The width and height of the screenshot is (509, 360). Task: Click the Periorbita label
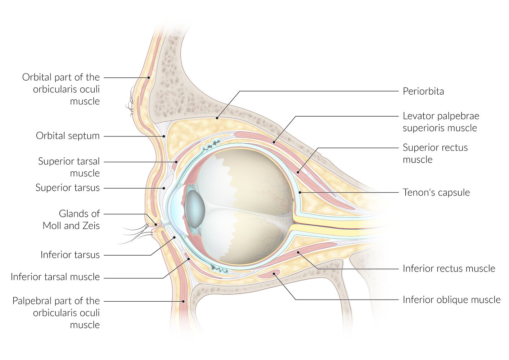(x=423, y=91)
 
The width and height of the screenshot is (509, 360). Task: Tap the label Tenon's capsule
(x=436, y=193)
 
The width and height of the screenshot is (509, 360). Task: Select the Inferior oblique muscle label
(x=451, y=300)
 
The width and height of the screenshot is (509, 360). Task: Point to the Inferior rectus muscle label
(x=449, y=269)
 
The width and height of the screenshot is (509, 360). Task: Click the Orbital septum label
(x=68, y=136)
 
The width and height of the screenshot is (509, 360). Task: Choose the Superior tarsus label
(x=67, y=188)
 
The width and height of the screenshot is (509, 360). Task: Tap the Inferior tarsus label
(x=70, y=255)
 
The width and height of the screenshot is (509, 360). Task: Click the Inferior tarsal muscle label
(x=55, y=277)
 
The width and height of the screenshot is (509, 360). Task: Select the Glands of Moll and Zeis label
(x=71, y=220)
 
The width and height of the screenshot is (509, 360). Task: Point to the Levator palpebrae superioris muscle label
(x=441, y=122)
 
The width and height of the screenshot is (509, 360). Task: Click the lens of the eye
(x=195, y=209)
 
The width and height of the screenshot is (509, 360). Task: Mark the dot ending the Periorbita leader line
(x=217, y=117)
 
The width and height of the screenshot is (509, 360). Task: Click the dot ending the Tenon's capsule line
(x=300, y=193)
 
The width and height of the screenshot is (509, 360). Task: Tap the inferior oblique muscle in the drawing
(x=270, y=274)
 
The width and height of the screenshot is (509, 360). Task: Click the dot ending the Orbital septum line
(x=164, y=136)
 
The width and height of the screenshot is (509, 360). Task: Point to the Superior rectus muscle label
(x=435, y=153)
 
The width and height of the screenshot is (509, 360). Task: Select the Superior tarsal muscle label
(x=69, y=167)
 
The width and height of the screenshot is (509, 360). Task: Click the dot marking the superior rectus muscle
(x=298, y=172)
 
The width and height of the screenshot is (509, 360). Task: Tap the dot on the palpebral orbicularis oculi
(x=183, y=301)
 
